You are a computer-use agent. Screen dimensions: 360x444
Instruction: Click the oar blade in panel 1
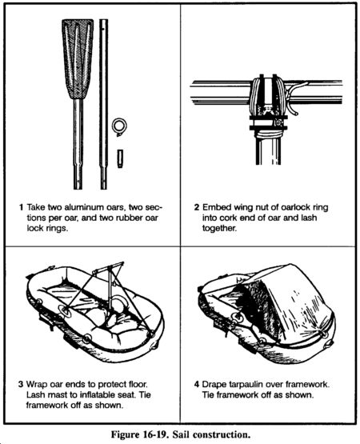(78, 59)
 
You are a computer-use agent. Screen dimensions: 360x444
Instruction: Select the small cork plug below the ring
(120, 158)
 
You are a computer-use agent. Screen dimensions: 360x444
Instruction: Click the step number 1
(21, 207)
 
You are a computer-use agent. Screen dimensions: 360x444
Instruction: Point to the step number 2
(197, 207)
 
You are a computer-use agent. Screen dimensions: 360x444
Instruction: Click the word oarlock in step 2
(296, 207)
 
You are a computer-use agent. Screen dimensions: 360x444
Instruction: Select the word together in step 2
(219, 228)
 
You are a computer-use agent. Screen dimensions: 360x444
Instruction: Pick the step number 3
(21, 384)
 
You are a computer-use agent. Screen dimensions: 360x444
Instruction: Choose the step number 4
(197, 384)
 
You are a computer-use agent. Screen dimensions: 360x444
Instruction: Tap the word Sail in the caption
(179, 434)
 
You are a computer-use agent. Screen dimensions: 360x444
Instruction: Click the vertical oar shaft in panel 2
(268, 150)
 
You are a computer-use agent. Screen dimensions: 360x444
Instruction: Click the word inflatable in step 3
(111, 394)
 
